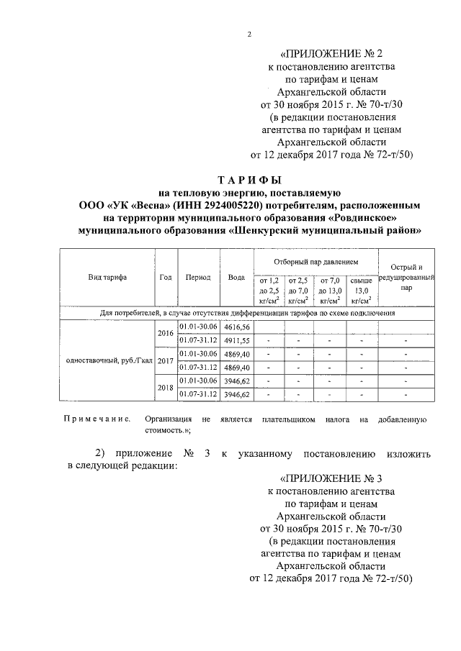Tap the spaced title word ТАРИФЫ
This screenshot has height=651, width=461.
249,180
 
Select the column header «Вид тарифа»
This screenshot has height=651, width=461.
107,277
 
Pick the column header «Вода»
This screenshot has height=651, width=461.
236,277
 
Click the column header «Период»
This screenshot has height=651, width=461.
197,277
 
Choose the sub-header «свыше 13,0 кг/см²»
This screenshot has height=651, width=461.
361,290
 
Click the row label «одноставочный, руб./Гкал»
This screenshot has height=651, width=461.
106,360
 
